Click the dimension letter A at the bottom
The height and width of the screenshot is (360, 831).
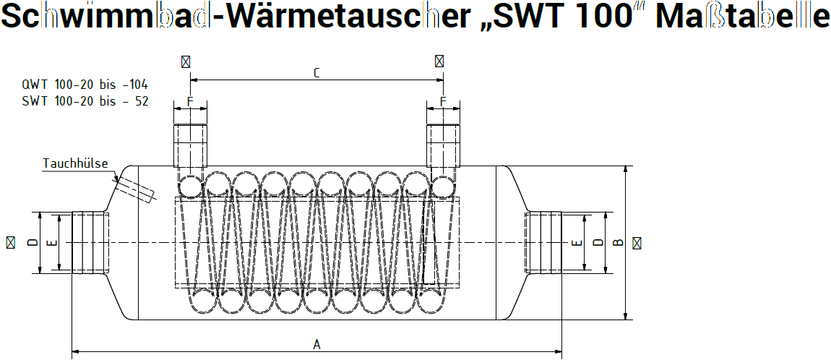317,345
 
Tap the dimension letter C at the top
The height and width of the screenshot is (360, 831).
317,73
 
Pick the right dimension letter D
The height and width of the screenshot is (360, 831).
597,243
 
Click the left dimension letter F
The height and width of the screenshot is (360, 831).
190,101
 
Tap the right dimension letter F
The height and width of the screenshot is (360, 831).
442,101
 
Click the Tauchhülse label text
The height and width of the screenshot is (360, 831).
75,163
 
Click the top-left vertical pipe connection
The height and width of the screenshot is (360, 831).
190,146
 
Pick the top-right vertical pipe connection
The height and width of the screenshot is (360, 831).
442,146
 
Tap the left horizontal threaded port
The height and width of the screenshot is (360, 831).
89,243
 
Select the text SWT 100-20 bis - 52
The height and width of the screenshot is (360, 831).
85,101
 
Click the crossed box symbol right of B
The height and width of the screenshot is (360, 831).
636,243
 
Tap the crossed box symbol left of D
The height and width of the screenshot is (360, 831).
11,243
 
